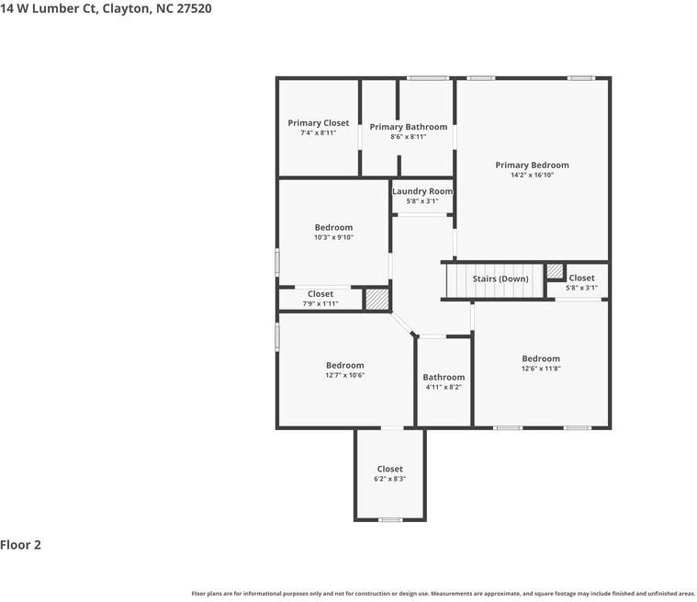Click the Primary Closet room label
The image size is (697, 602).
coord(319,123)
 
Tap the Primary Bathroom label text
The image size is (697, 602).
coord(409,127)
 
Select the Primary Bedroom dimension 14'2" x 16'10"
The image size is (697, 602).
coord(532,175)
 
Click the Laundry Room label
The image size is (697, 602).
coord(422,191)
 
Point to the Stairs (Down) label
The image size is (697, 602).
coord(500,279)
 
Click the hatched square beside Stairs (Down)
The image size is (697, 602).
coord(555,271)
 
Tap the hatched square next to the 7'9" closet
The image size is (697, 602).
coord(377,299)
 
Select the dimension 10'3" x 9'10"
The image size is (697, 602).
coord(334,237)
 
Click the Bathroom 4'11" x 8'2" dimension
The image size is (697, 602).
coord(444,387)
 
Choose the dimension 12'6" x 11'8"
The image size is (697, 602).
coord(541,369)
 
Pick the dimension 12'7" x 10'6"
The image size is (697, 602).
coord(345,375)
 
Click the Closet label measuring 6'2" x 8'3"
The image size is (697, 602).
coord(390,469)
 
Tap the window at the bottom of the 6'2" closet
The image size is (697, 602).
coord(390,519)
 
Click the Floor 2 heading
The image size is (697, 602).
coord(20,545)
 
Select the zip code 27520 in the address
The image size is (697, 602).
coord(195,8)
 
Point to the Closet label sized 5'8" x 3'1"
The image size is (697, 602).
coord(582,278)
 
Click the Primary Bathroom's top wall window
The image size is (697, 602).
coord(428,78)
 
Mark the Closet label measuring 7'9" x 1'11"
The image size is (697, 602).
coord(320,294)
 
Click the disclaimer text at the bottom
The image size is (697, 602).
coord(444,594)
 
